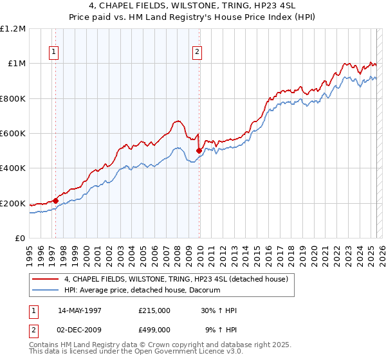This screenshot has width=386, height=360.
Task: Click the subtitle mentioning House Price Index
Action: coord(193,17)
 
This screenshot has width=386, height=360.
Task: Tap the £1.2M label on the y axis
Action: coord(13,29)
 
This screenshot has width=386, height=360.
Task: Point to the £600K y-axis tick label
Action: coord(13,134)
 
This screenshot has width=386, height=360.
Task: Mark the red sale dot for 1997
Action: coord(56,201)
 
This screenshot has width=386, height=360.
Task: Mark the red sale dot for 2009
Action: coord(199,151)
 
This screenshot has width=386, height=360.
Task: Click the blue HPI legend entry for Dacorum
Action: coord(142,290)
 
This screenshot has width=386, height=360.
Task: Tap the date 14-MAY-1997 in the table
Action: coord(80,310)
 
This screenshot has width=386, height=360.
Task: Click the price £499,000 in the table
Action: coord(154,330)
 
